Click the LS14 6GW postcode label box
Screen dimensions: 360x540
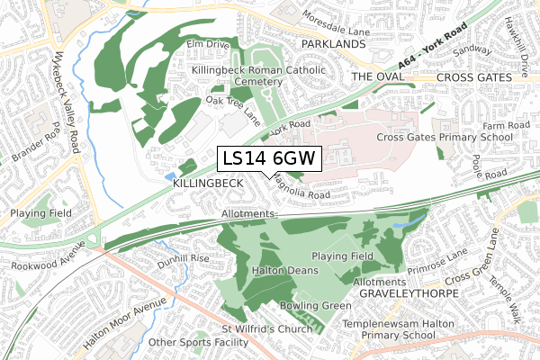pos(269,159)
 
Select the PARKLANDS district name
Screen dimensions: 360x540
pos(334,43)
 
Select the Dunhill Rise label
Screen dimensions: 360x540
pos(183,258)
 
